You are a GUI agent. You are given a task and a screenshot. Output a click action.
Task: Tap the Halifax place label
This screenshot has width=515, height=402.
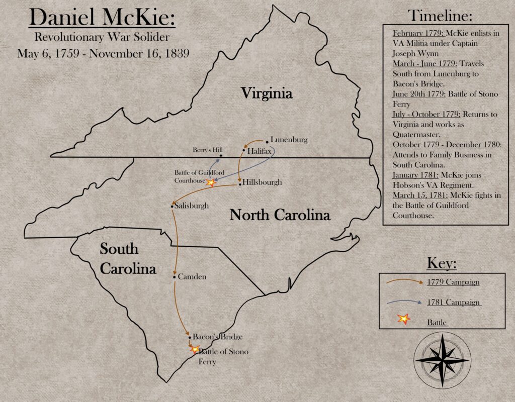click(x=260, y=150)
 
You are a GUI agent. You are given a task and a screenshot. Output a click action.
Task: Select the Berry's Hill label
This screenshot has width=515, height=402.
click(x=207, y=150)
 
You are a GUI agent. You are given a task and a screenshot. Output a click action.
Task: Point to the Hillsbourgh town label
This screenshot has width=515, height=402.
click(x=262, y=182)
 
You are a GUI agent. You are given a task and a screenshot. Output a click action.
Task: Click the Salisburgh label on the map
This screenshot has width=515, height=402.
click(x=192, y=206)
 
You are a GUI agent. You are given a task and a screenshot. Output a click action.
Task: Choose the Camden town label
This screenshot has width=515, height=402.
click(x=192, y=276)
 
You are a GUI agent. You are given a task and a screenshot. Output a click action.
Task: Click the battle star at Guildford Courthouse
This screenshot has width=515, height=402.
click(x=211, y=183)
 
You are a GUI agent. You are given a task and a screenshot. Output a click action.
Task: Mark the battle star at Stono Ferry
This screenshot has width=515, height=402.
click(x=194, y=349)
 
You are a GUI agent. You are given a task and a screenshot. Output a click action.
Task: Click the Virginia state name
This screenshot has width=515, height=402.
click(x=267, y=93)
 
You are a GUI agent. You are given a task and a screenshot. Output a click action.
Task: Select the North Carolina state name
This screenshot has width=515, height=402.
click(x=280, y=215)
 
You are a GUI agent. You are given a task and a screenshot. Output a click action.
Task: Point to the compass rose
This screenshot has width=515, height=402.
click(x=442, y=360)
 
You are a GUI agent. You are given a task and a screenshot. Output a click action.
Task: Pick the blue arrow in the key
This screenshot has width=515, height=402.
click(x=404, y=303)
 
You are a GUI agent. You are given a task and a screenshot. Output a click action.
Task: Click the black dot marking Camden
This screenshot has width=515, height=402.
click(x=174, y=277)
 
